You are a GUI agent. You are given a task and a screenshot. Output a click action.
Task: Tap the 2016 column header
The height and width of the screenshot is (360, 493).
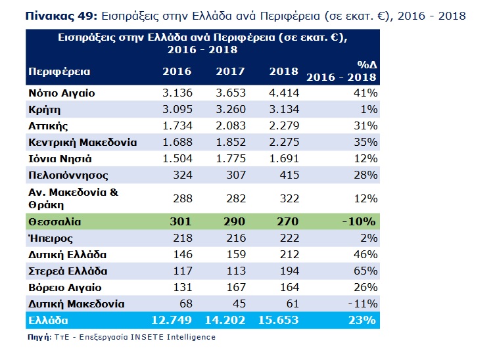[177, 71]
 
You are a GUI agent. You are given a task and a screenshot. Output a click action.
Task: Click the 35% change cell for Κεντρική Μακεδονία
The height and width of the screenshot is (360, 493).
[365, 142]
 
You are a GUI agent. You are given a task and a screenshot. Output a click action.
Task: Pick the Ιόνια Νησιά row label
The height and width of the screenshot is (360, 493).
[60, 158]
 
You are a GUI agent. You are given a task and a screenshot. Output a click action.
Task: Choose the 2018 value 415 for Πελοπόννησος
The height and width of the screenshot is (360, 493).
[289, 175]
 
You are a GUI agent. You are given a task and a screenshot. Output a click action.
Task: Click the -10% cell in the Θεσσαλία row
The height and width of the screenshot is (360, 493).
[362, 221]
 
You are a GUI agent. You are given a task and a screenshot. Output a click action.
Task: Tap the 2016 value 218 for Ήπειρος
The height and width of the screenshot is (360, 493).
[181, 238]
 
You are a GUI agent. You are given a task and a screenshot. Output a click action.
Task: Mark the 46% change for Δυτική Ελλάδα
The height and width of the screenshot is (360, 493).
[365, 254]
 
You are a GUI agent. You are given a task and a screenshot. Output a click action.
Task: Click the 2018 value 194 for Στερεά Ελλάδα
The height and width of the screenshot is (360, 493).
[289, 270]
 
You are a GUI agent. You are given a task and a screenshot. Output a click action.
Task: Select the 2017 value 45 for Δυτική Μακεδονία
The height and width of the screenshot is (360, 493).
[239, 303]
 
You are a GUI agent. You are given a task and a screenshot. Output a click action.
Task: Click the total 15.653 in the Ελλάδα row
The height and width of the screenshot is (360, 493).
[280, 320]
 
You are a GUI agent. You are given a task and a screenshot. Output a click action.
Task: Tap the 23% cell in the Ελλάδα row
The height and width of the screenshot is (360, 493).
[365, 320]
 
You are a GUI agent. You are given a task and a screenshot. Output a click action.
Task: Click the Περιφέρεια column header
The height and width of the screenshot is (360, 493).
[59, 71]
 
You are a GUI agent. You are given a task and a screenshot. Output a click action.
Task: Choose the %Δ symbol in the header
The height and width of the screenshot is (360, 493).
[365, 66]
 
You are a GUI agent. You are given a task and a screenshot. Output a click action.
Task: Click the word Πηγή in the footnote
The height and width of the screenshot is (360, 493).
[39, 337]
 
